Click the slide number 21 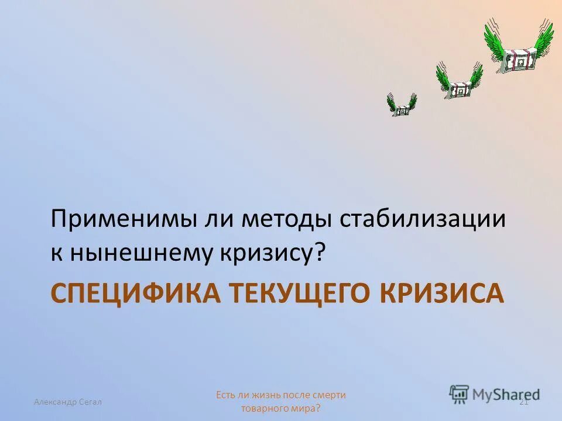coord(524,401)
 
